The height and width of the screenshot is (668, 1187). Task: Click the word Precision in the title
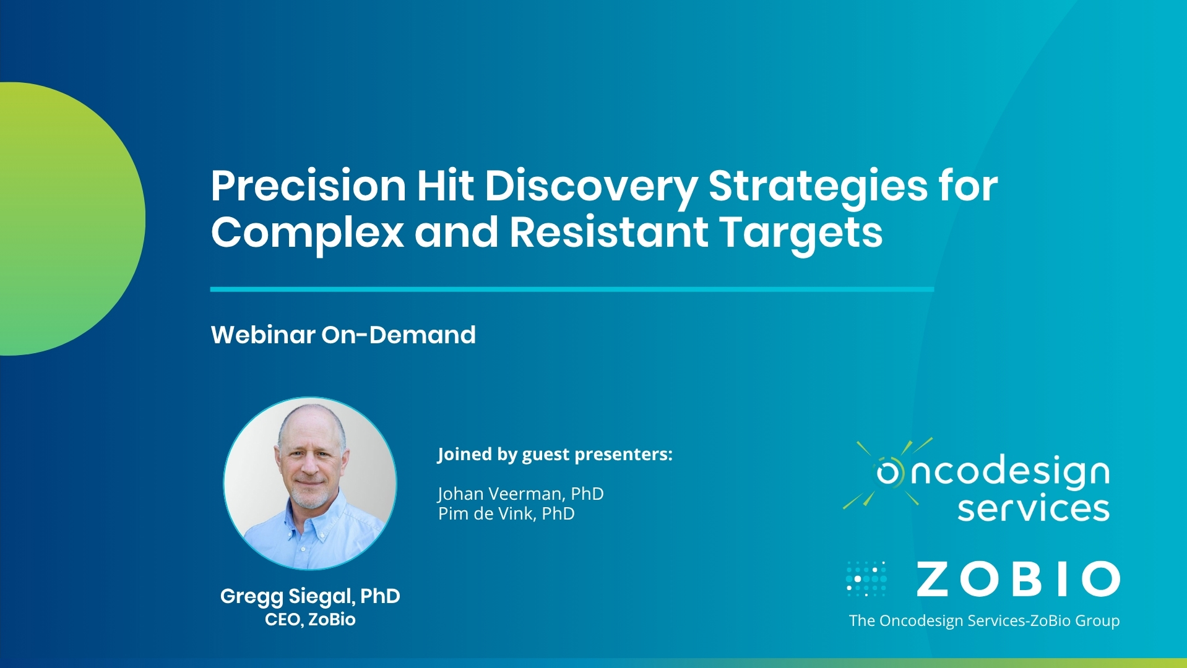click(x=308, y=185)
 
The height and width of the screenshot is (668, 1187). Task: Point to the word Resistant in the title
click(x=608, y=232)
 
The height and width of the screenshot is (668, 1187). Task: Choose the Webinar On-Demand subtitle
click(x=343, y=335)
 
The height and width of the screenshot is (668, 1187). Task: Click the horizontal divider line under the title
click(x=572, y=289)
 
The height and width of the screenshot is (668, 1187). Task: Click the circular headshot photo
click(x=310, y=483)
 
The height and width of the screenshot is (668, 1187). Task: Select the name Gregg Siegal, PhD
click(x=310, y=596)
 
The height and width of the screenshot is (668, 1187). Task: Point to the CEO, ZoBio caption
click(x=310, y=619)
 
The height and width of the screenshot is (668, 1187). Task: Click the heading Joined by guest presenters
click(x=555, y=455)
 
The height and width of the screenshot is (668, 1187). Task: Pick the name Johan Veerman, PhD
click(x=520, y=494)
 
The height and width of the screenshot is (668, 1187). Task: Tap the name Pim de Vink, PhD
click(x=506, y=513)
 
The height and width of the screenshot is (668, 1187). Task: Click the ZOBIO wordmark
click(x=1018, y=580)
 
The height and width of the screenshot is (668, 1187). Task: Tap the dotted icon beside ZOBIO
click(x=866, y=579)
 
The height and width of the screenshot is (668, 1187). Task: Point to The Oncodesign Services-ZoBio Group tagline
click(x=984, y=620)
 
